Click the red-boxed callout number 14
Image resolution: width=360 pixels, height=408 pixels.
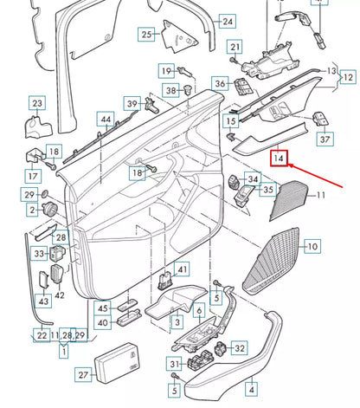coord(279,158)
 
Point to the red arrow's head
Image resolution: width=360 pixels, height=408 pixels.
coord(290,165)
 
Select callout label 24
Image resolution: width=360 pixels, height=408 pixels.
coord(227,21)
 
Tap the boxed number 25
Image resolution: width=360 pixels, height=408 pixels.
coord(146,35)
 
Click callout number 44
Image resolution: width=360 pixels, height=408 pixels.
coord(105,119)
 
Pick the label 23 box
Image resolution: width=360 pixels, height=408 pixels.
coord(36,104)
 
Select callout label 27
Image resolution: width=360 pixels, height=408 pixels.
coord(83,375)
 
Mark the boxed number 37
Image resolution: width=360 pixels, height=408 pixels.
coord(325,139)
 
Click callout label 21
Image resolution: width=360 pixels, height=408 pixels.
coord(235,46)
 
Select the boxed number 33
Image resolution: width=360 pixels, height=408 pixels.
coord(40,254)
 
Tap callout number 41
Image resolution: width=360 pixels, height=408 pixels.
coord(181,270)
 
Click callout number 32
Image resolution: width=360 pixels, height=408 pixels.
coord(239,348)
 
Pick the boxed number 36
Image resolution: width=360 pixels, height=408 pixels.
coord(220,84)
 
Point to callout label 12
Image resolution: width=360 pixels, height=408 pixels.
coord(347,77)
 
